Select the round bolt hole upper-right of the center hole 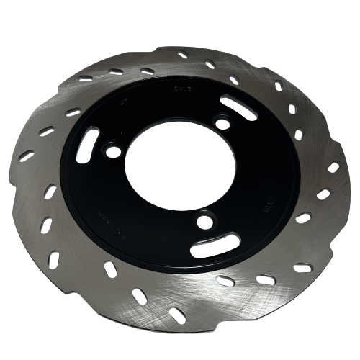coord(222,125)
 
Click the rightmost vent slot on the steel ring coord(333,167)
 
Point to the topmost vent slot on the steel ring coord(182,55)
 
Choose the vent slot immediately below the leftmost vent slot coord(50,191)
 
